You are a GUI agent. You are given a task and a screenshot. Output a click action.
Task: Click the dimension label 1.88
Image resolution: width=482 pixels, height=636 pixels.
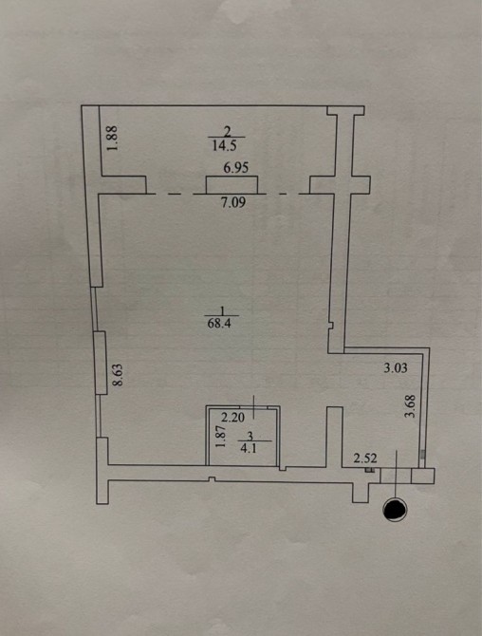coord(114,138)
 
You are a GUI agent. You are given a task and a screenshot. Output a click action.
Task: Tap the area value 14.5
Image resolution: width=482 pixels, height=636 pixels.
coord(224,146)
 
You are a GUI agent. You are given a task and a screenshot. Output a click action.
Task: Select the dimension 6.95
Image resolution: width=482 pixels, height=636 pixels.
coord(236,167)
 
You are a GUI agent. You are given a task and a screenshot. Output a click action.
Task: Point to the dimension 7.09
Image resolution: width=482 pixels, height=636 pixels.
coord(234,201)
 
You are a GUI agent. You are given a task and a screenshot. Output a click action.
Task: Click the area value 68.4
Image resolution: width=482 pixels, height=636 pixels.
coord(218,325)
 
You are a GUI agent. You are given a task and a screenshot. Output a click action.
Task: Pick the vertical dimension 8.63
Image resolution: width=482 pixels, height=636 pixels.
coord(118,375)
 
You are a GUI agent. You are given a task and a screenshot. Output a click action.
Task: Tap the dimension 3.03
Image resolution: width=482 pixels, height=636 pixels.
coord(396,368)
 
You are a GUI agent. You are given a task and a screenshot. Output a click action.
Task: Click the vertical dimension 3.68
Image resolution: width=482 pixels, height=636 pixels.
coord(411,406)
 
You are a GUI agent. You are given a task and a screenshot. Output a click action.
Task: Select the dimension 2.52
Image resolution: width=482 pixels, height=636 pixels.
coord(365,458)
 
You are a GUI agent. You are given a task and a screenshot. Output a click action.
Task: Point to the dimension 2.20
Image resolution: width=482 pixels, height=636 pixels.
coord(232,417)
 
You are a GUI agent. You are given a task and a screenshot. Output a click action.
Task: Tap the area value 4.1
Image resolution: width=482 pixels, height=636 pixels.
coord(248,449)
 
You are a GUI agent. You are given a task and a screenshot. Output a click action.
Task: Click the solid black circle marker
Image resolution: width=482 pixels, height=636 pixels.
coord(396,509)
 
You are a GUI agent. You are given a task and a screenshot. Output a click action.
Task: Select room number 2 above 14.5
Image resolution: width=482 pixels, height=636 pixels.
coord(227,132)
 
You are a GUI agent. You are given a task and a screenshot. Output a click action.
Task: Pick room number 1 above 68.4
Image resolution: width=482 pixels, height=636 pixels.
coord(222,310)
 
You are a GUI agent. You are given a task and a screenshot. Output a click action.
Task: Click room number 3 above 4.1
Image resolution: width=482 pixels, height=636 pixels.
coord(250,437)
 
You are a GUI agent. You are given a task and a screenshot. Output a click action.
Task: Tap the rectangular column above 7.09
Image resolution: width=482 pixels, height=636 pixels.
coord(232,185)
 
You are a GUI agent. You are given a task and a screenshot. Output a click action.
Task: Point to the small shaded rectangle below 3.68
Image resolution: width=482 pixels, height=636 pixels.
coord(423,455)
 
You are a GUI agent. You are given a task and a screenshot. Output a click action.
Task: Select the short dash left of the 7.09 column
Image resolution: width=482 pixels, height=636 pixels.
coord(175,195)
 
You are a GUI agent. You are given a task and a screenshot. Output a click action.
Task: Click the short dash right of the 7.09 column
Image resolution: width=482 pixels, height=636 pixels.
coord(285,194)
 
